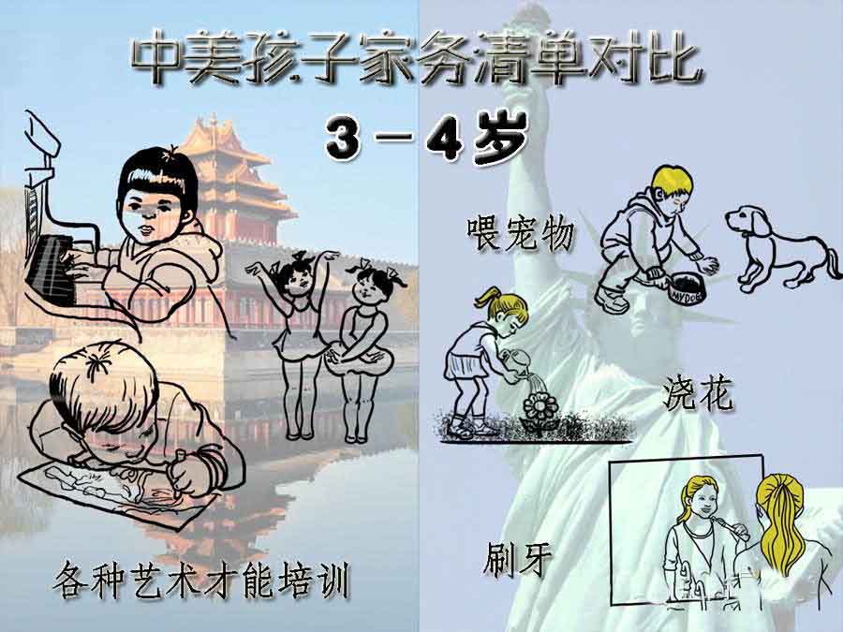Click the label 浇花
click(x=698, y=394)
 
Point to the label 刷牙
click(x=518, y=559)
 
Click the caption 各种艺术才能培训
click(x=202, y=581)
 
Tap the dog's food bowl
click(x=688, y=287)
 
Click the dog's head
click(x=749, y=222)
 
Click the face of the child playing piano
click(x=155, y=211)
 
